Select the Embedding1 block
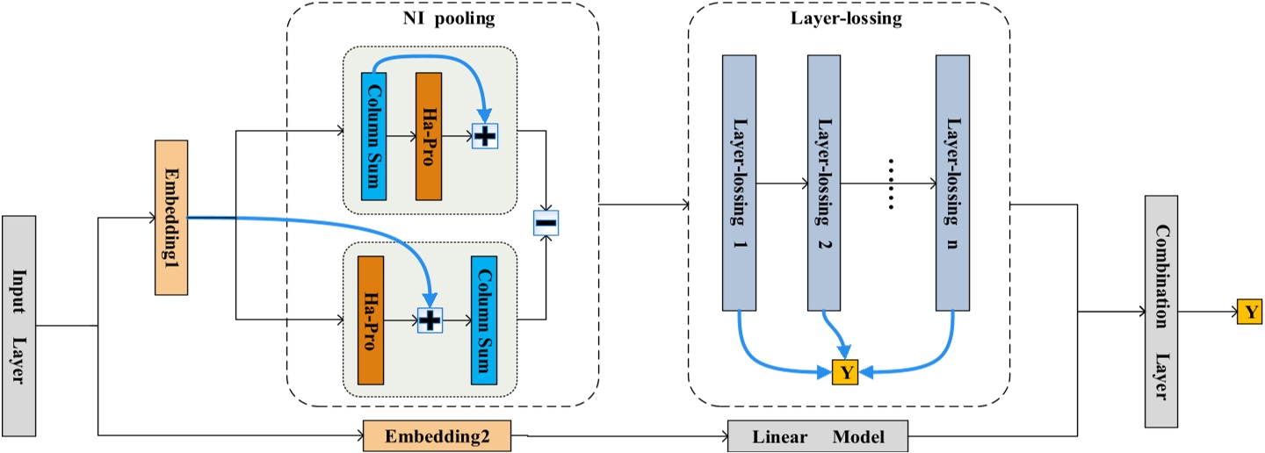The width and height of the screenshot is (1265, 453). click(x=170, y=217)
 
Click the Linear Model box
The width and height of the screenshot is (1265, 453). click(x=818, y=436)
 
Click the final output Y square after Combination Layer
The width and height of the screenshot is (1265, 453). click(x=1249, y=311)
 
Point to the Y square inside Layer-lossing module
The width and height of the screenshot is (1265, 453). click(x=845, y=372)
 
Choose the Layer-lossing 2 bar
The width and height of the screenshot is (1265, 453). click(x=824, y=183)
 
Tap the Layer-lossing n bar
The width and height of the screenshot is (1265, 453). click(x=952, y=183)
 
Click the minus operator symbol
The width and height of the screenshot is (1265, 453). click(x=546, y=224)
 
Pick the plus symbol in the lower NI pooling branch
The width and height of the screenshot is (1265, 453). click(x=429, y=321)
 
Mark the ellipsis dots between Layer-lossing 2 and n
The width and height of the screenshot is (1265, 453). click(x=890, y=184)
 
